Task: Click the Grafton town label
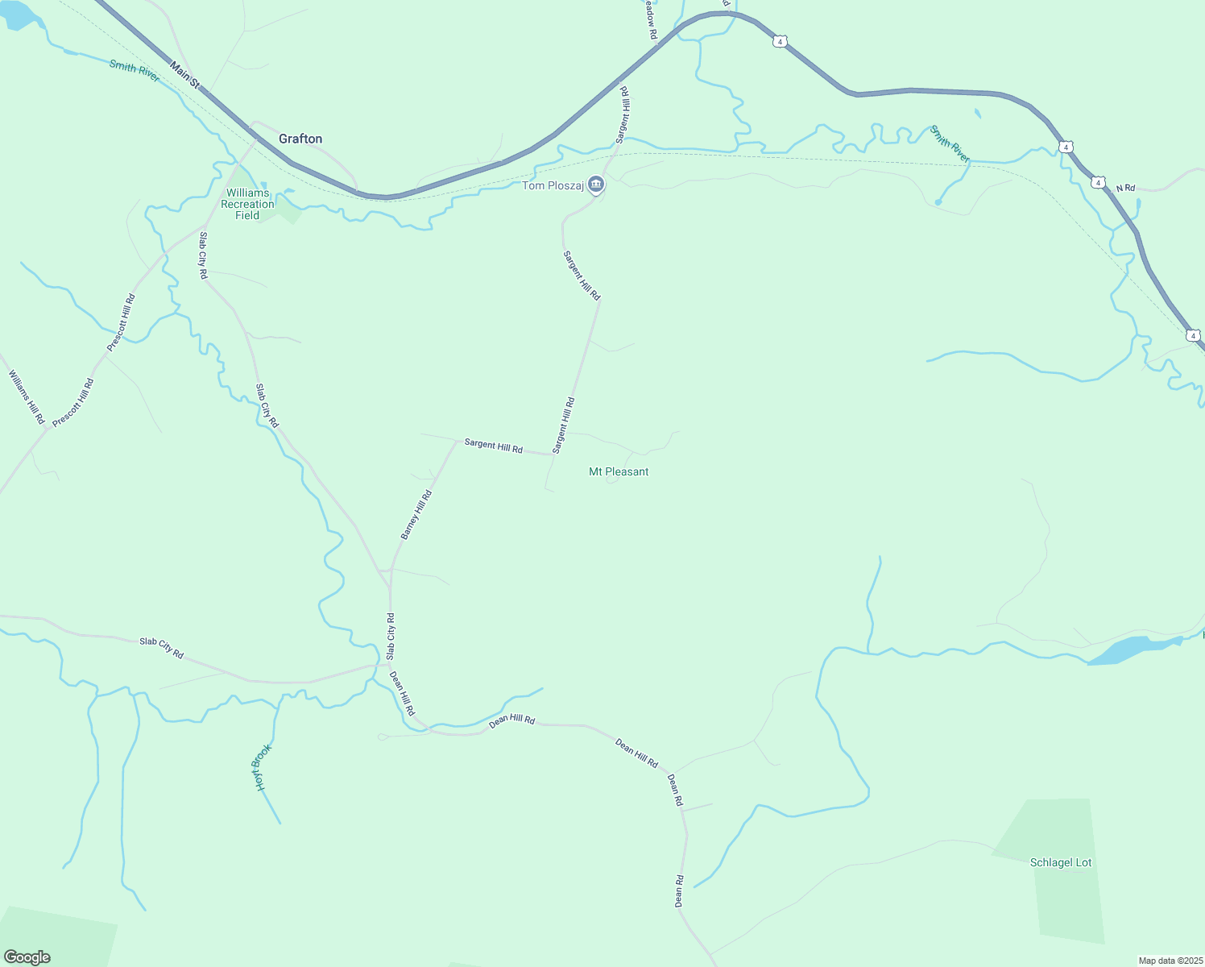300,139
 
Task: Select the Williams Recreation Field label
247,204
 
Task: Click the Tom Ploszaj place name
553,185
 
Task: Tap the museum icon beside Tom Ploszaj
596,185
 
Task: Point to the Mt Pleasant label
619,471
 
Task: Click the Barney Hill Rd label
416,515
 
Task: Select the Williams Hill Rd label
26,397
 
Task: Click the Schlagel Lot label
1061,862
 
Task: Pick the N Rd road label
1125,188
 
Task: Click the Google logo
27,957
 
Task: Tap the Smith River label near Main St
135,70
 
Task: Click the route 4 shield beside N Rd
1099,183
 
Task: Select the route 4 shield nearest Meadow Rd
779,41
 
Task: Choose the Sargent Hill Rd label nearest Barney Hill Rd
493,445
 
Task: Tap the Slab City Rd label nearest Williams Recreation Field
204,255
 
